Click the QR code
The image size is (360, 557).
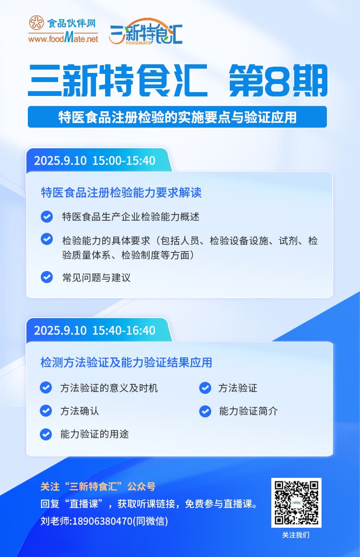click(296, 502)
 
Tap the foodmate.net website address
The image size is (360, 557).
click(63, 38)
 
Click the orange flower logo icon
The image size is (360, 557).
click(36, 23)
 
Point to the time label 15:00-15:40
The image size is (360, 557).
click(124, 161)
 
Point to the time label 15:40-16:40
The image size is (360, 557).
click(124, 331)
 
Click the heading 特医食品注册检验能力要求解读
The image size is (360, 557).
click(121, 193)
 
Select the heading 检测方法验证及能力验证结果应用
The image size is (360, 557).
click(126, 362)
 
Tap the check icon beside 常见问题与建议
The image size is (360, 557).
click(47, 277)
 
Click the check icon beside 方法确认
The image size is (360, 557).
click(46, 411)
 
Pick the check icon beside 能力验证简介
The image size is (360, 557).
click(205, 411)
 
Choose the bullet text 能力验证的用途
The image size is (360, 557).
click(95, 434)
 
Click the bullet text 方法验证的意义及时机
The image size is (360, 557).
click(109, 388)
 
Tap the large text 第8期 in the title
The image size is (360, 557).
click(278, 81)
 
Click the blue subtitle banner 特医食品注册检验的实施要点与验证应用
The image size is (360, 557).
click(177, 117)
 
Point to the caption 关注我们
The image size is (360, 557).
click(296, 535)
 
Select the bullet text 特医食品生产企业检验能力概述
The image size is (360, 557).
click(131, 216)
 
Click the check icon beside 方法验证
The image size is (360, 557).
click(205, 388)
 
